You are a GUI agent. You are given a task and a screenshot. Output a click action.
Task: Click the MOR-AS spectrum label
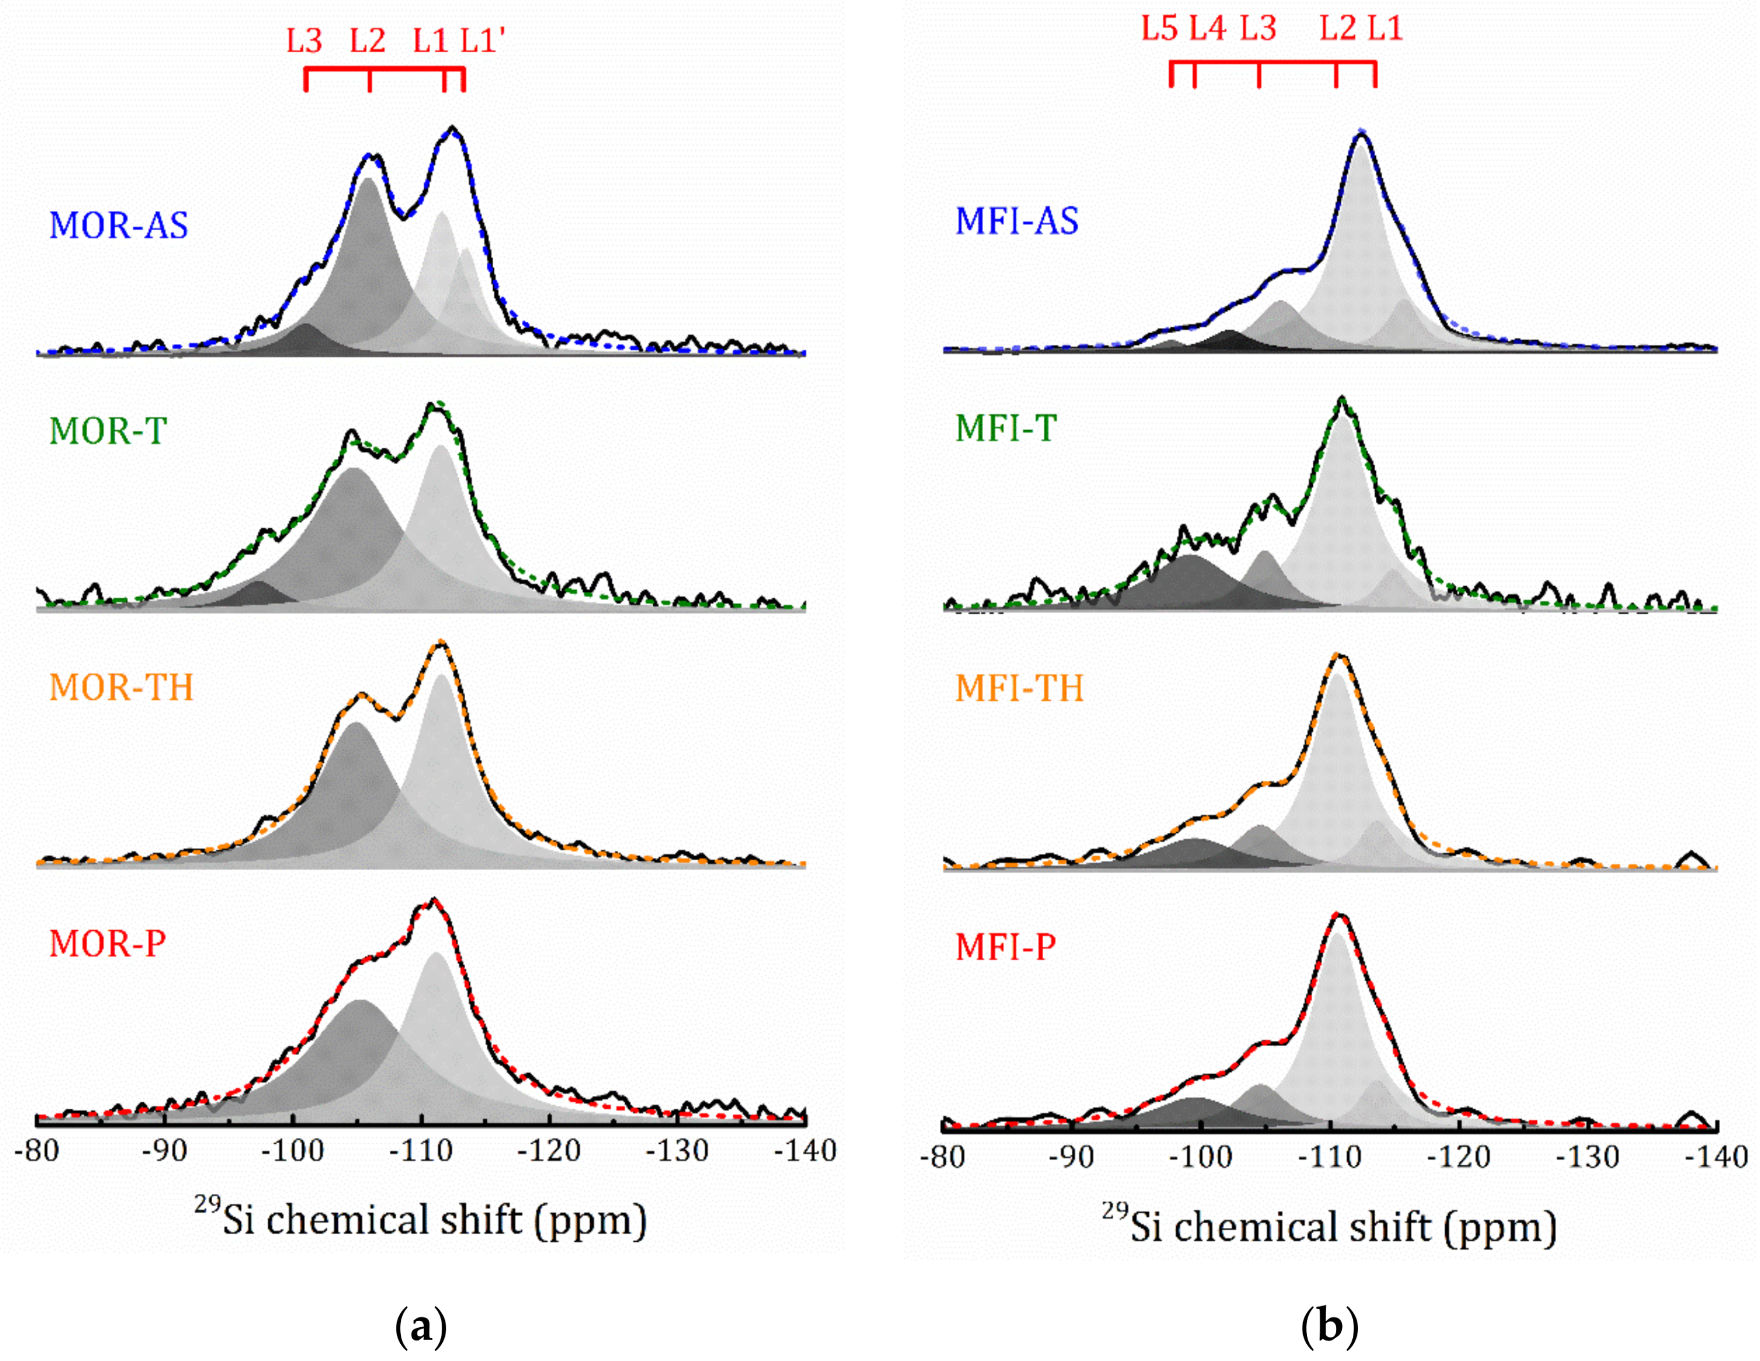119,225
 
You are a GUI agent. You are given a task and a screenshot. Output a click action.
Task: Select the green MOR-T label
108,431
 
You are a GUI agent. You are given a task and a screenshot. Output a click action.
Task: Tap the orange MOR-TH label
122,688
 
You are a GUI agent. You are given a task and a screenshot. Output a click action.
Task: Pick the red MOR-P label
108,943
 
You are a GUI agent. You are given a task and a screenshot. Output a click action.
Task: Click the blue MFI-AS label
1016,221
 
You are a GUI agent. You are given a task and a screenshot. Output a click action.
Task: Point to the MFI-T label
1006,428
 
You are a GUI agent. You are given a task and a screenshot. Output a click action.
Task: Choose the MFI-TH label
1020,688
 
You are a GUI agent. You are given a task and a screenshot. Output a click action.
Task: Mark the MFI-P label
1006,947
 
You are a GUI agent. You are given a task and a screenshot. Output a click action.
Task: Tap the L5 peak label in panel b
1160,29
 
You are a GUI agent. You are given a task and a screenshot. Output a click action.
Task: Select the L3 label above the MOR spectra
305,40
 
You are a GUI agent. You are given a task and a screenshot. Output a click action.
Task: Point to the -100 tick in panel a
292,1151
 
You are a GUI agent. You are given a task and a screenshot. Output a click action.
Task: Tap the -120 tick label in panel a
549,1151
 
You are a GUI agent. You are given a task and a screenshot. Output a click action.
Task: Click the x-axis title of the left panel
420,1219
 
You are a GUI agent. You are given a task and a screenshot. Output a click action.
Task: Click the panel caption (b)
1330,1325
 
